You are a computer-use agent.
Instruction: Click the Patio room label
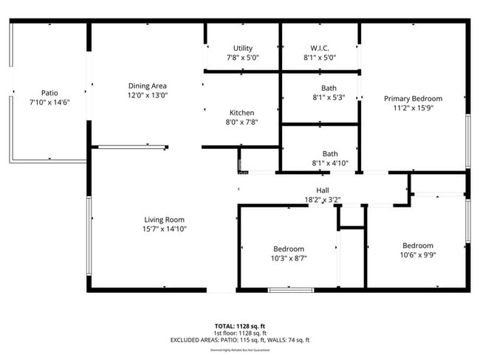49,92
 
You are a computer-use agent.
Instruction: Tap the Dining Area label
147,86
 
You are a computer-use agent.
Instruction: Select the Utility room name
242,48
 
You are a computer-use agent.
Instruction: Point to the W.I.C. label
319,48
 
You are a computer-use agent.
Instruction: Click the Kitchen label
241,112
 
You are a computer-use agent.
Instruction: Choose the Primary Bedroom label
413,99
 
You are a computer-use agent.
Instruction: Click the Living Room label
164,219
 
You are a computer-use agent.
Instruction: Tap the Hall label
322,190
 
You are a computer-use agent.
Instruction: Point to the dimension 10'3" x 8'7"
288,258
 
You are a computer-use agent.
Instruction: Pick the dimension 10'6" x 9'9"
417,255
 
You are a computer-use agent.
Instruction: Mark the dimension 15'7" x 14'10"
164,229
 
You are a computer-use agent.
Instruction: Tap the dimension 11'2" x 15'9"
413,108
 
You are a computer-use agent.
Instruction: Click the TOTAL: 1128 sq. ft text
240,325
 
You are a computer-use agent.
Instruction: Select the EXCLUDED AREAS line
240,339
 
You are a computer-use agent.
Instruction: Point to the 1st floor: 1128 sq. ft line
240,333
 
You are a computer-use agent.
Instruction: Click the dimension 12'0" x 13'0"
147,95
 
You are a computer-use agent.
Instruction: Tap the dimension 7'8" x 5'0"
242,58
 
